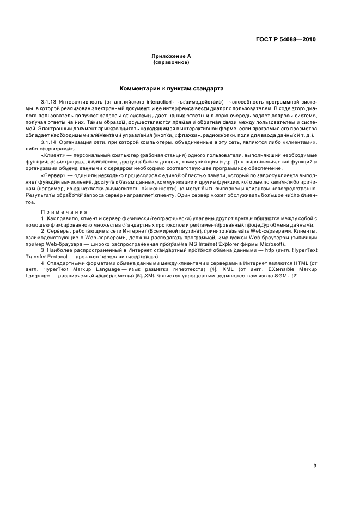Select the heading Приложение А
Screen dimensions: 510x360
(x=170, y=56)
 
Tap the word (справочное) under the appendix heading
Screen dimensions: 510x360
(x=170, y=62)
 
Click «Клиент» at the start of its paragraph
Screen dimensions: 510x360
(x=51, y=155)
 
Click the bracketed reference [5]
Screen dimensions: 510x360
(x=139, y=276)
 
